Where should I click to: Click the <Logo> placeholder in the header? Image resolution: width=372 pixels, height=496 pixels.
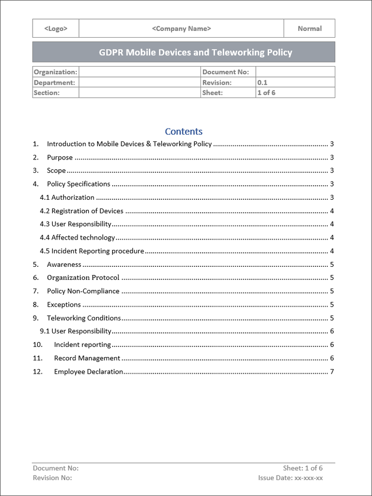pyautogui.click(x=56, y=29)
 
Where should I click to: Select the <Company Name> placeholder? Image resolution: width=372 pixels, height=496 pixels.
pyautogui.click(x=181, y=29)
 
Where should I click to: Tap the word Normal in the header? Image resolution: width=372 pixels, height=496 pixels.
pyautogui.click(x=309, y=29)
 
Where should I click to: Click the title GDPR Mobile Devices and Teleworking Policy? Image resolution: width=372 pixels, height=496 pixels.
pyautogui.click(x=195, y=53)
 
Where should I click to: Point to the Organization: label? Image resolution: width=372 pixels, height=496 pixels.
pyautogui.click(x=55, y=72)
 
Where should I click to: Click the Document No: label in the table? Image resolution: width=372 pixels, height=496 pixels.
pyautogui.click(x=226, y=72)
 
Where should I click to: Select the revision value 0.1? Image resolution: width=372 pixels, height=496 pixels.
pyautogui.click(x=262, y=83)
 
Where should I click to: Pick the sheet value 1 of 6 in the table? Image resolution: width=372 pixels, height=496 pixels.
pyautogui.click(x=266, y=93)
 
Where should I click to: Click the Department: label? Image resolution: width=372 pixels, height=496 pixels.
pyautogui.click(x=54, y=83)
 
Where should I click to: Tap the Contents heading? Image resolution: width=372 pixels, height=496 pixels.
pyautogui.click(x=183, y=132)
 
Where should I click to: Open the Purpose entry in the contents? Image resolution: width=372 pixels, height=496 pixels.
pyautogui.click(x=60, y=157)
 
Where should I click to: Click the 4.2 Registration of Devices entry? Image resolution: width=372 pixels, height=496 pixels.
pyautogui.click(x=82, y=211)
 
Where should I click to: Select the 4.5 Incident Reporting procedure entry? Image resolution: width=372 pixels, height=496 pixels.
pyautogui.click(x=92, y=251)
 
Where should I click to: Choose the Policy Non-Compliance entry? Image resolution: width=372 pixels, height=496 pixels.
pyautogui.click(x=83, y=291)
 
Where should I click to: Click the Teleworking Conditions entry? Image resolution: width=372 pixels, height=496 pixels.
pyautogui.click(x=84, y=318)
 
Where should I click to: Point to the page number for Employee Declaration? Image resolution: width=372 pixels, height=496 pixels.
pyautogui.click(x=332, y=372)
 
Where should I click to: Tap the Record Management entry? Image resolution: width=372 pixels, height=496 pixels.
pyautogui.click(x=87, y=358)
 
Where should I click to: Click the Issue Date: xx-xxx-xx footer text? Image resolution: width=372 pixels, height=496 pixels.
pyautogui.click(x=290, y=478)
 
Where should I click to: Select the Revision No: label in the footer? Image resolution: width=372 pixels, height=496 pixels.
pyautogui.click(x=52, y=478)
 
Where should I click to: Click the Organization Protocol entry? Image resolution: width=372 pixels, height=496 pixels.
pyautogui.click(x=83, y=278)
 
